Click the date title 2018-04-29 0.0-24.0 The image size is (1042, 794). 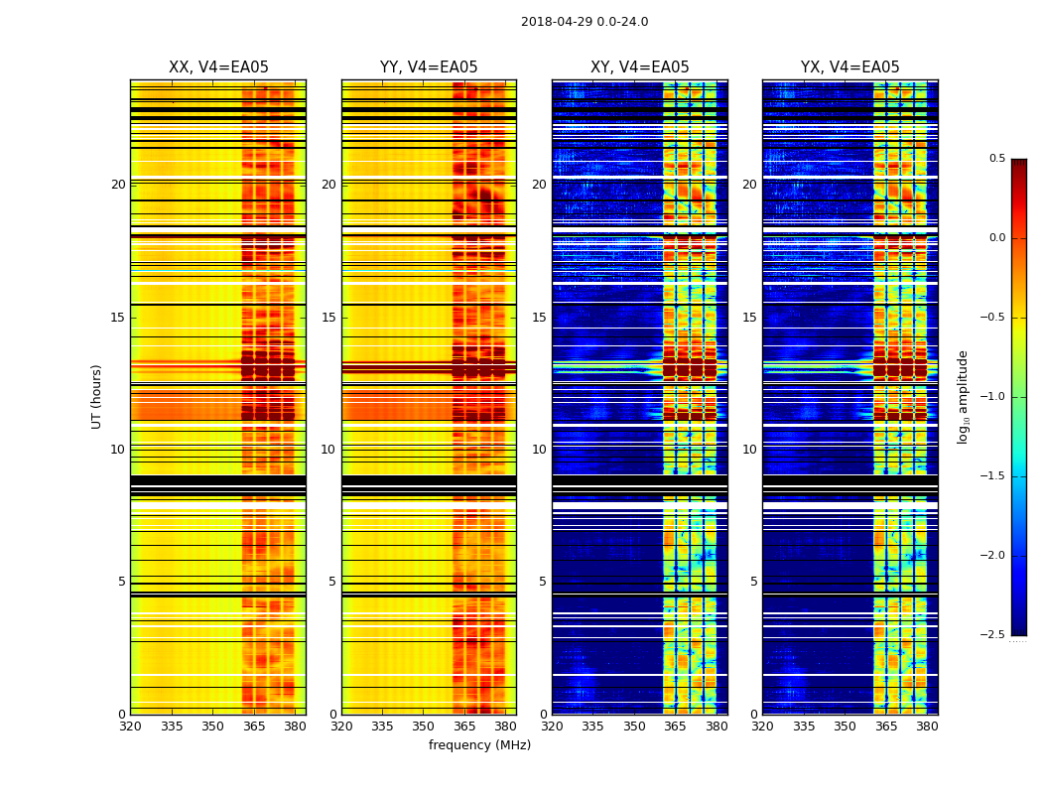pos(585,22)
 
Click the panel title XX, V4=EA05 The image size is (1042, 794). pos(218,67)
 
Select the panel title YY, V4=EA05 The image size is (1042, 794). pos(429,67)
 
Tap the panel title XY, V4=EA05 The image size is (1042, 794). pos(640,67)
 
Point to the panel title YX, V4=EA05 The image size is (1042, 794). pos(850,67)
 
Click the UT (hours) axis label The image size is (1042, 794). pos(97,396)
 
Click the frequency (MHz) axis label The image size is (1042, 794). pos(479,745)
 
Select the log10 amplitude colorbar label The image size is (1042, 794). pos(963,396)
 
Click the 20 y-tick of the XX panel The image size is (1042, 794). pos(118,185)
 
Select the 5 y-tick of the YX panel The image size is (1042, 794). pos(754,582)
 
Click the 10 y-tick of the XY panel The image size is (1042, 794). pos(539,450)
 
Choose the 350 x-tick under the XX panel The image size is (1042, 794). pos(212,727)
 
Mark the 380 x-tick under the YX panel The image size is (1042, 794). pos(927,727)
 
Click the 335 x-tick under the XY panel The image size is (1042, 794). pos(592,727)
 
